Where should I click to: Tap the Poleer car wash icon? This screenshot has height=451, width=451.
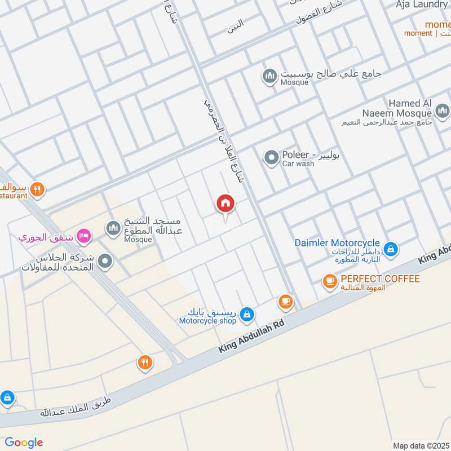(272, 158)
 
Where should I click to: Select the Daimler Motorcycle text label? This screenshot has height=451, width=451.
(336, 242)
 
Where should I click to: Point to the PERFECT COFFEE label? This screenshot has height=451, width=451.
(380, 279)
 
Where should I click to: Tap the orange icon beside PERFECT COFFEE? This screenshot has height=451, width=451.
(329, 280)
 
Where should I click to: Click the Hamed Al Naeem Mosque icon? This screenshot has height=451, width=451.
(441, 110)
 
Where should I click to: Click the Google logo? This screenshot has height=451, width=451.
(24, 443)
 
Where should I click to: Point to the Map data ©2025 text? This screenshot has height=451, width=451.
(420, 445)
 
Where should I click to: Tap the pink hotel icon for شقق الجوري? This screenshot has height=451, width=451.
(84, 236)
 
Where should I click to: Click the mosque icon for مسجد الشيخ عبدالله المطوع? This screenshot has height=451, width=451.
(113, 228)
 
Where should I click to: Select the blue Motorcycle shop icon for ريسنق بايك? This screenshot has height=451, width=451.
(246, 315)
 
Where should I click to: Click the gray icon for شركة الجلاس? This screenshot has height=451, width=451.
(104, 262)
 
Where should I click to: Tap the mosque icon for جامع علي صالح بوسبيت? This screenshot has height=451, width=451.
(269, 76)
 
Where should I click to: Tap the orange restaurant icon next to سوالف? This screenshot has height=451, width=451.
(37, 189)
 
